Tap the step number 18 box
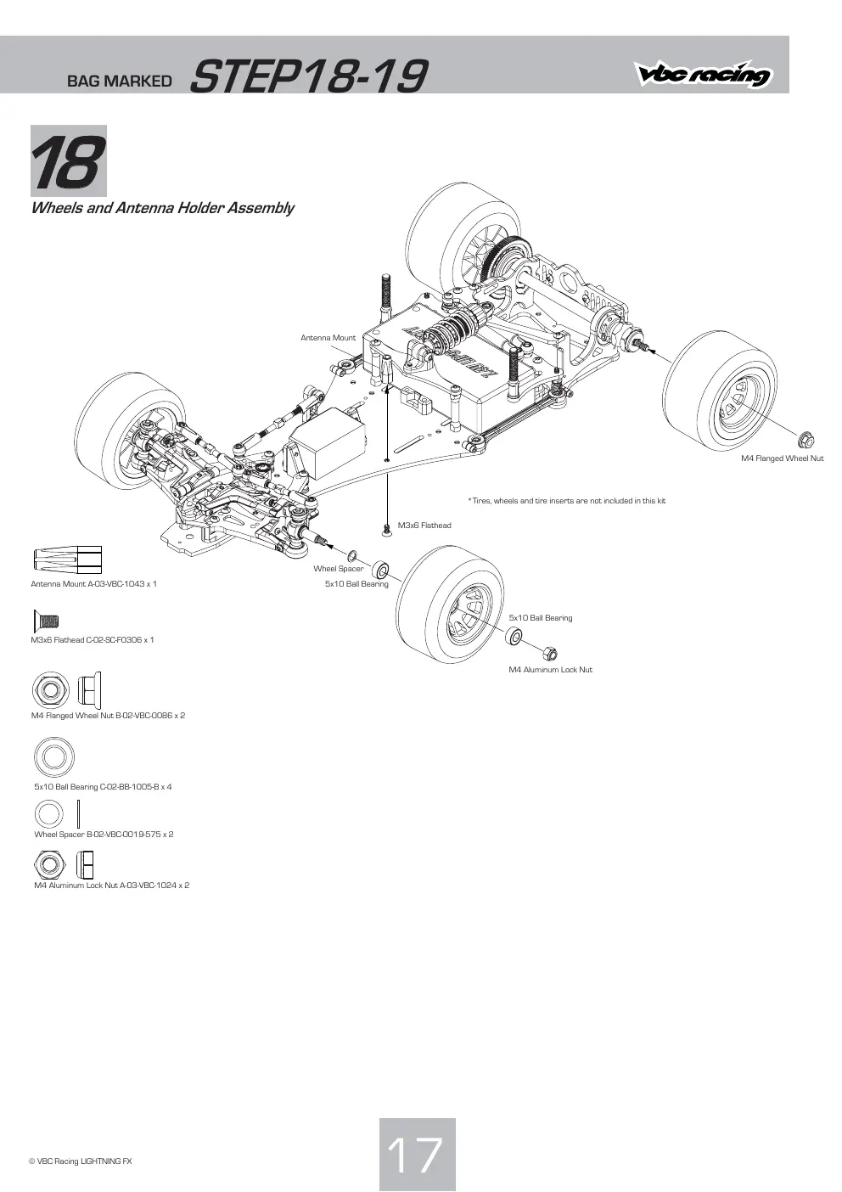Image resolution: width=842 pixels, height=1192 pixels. click(69, 160)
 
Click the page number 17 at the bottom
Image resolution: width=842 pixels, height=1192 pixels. click(417, 1154)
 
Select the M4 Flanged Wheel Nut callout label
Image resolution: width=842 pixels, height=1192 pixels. click(782, 458)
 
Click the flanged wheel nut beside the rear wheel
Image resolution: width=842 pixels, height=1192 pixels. click(806, 440)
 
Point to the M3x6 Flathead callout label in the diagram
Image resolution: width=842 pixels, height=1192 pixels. click(424, 526)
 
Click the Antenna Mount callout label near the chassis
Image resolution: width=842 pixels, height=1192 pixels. click(328, 338)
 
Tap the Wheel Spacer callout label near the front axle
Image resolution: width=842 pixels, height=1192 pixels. click(339, 569)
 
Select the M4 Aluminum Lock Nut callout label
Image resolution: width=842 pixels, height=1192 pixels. click(550, 669)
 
